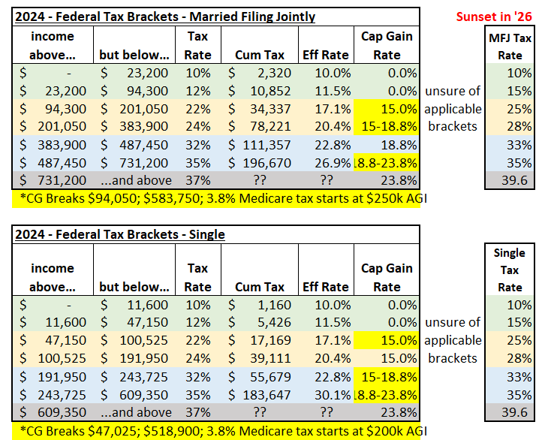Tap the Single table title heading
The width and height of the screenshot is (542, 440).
[x=120, y=234]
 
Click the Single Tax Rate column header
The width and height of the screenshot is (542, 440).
[x=510, y=270]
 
